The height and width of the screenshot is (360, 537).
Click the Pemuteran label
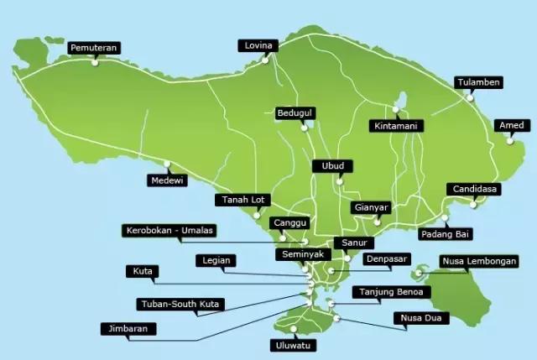click(95, 48)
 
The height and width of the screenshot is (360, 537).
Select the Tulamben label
click(479, 82)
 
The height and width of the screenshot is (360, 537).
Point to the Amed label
click(512, 126)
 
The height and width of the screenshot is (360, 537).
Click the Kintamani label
click(396, 126)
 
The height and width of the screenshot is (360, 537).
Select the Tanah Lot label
click(242, 200)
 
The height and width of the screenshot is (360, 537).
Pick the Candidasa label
click(474, 189)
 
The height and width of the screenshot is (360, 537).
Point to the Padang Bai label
click(445, 234)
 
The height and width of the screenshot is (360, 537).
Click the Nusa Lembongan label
click(479, 261)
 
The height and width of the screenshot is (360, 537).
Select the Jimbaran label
click(128, 328)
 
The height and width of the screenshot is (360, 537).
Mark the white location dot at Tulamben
click(471, 97)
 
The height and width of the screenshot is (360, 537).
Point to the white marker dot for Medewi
click(168, 164)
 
